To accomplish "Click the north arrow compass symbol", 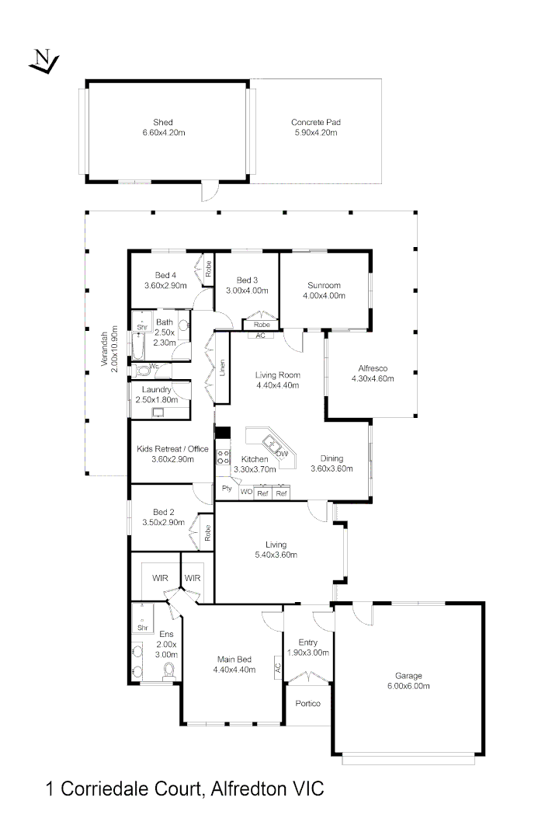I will (x=43, y=61).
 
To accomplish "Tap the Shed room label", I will (x=163, y=127).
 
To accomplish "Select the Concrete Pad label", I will (x=316, y=127).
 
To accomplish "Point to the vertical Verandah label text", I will (x=109, y=346).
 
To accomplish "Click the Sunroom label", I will (x=324, y=290).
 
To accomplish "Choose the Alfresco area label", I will (x=373, y=374).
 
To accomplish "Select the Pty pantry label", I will (x=227, y=489).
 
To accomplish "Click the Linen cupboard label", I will (x=222, y=367).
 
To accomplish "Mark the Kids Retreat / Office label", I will (x=172, y=454).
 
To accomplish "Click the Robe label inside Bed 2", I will (x=208, y=532).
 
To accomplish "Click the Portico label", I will (x=307, y=704).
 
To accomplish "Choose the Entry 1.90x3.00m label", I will (x=308, y=648).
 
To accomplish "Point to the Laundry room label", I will (x=161, y=394).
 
